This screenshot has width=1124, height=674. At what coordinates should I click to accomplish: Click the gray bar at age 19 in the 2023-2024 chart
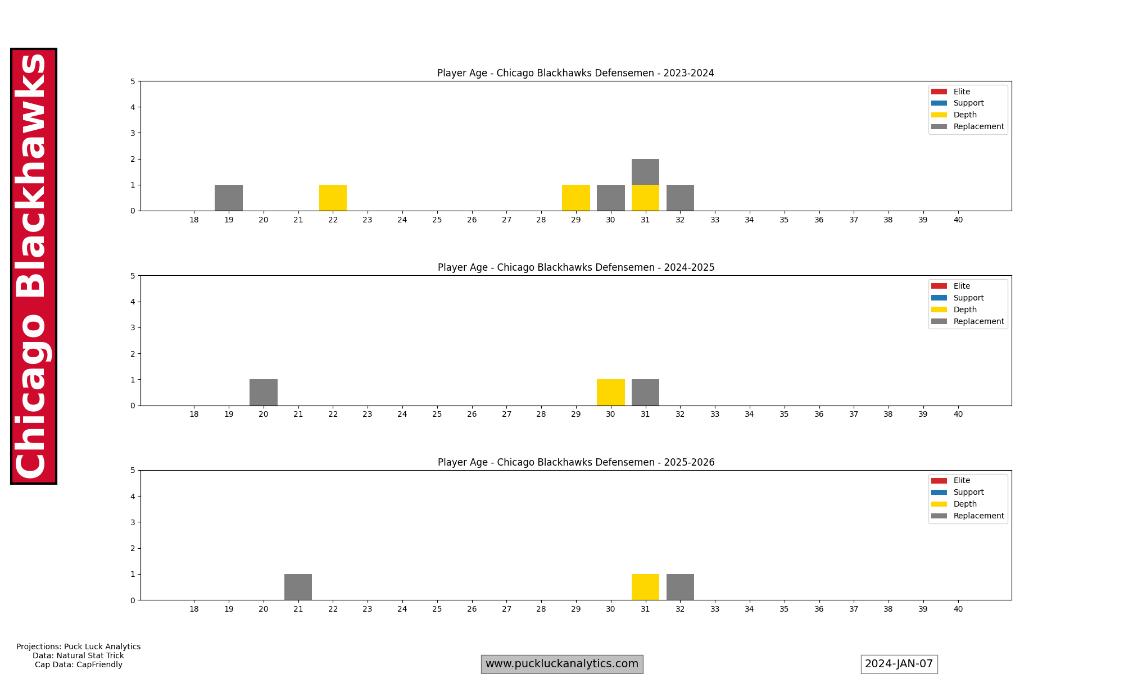[229, 198]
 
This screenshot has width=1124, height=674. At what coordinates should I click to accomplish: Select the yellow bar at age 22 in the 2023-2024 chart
[333, 198]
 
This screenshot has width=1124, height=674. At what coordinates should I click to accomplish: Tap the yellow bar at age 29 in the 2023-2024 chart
[575, 198]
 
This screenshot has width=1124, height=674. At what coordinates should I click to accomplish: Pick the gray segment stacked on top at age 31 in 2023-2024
[645, 172]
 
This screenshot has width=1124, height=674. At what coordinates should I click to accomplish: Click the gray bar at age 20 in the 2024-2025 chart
[264, 392]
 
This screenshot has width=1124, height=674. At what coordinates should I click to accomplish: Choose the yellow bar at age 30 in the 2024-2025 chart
[610, 392]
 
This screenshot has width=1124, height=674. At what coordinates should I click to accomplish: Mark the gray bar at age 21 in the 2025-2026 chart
[298, 587]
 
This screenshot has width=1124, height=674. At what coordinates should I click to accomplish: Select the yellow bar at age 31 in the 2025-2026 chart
[645, 587]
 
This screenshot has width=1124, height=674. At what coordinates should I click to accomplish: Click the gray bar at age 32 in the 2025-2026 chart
[680, 587]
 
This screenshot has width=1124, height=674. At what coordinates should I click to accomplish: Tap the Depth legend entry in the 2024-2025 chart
[964, 309]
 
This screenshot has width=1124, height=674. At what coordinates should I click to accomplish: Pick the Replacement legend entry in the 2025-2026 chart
[978, 516]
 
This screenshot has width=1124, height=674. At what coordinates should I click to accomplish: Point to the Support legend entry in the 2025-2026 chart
[968, 492]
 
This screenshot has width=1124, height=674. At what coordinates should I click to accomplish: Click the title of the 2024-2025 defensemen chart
[576, 267]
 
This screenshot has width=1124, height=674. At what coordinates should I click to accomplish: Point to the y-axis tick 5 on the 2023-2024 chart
[133, 81]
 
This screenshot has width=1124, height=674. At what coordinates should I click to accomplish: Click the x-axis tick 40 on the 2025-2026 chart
[958, 609]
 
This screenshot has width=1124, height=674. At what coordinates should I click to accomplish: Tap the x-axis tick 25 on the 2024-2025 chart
[437, 414]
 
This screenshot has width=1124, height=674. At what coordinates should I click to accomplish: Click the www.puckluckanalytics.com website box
[562, 664]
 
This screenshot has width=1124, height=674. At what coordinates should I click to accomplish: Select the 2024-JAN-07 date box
[899, 664]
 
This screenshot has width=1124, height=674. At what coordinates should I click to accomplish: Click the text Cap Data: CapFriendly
[79, 664]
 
